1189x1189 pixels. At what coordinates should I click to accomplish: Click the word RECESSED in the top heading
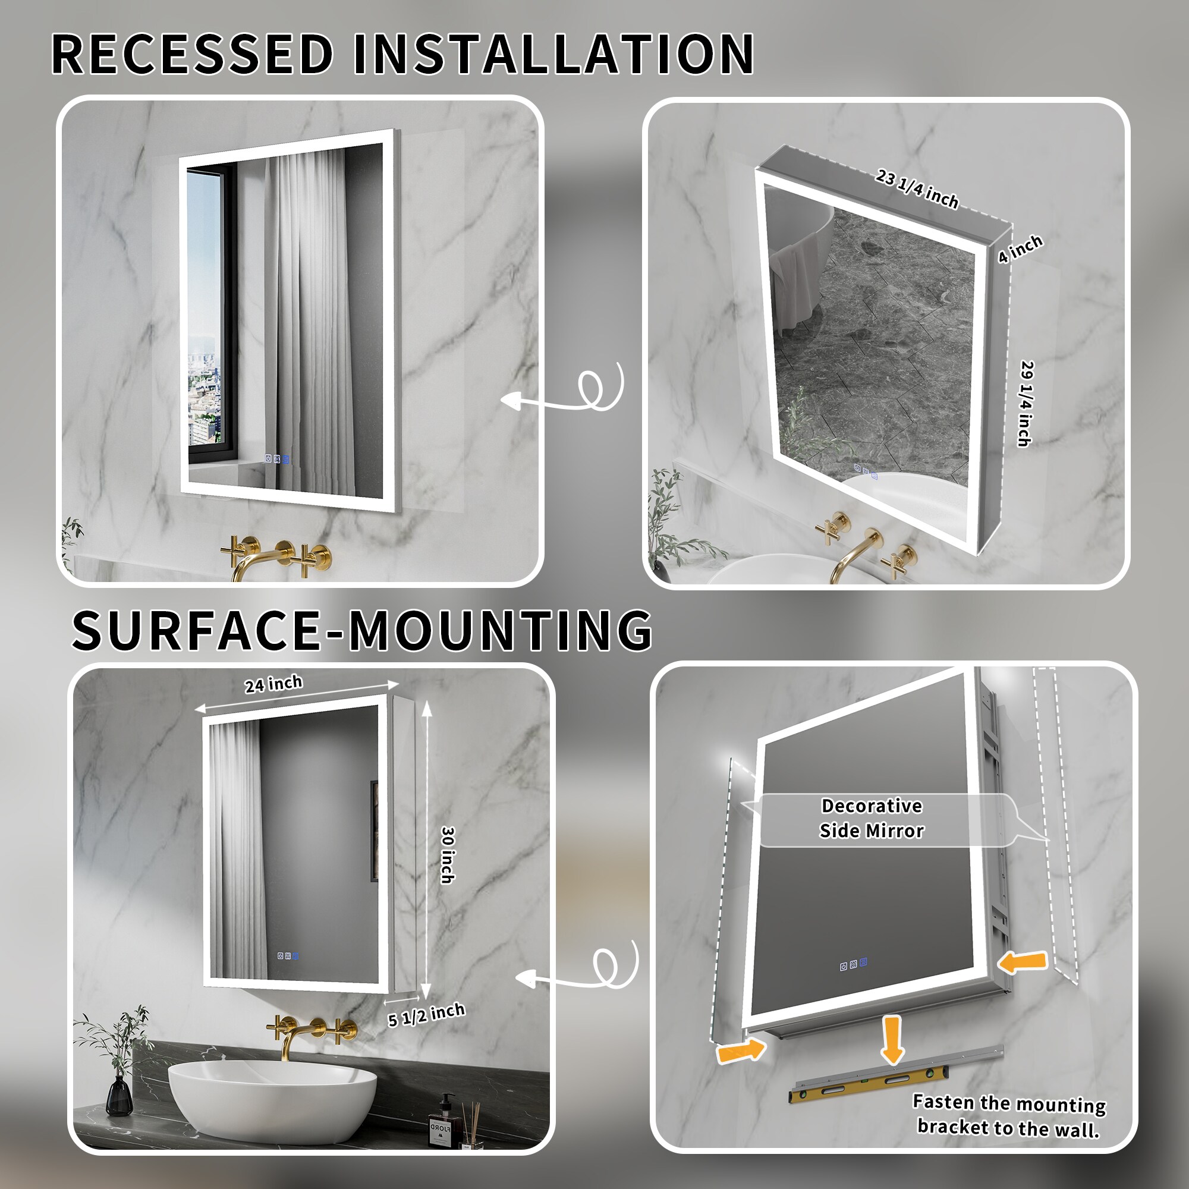[x=193, y=54]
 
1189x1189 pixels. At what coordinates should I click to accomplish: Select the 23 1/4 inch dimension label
[x=917, y=189]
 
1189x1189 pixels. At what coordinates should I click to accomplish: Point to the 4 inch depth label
[x=1020, y=249]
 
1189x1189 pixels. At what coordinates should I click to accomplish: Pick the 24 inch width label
[x=273, y=684]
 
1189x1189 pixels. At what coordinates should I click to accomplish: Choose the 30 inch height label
[x=448, y=855]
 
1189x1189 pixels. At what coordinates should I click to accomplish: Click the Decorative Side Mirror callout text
[x=872, y=818]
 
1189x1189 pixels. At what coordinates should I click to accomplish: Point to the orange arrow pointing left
[x=1022, y=962]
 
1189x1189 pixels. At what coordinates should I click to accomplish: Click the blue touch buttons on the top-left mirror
[x=276, y=459]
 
